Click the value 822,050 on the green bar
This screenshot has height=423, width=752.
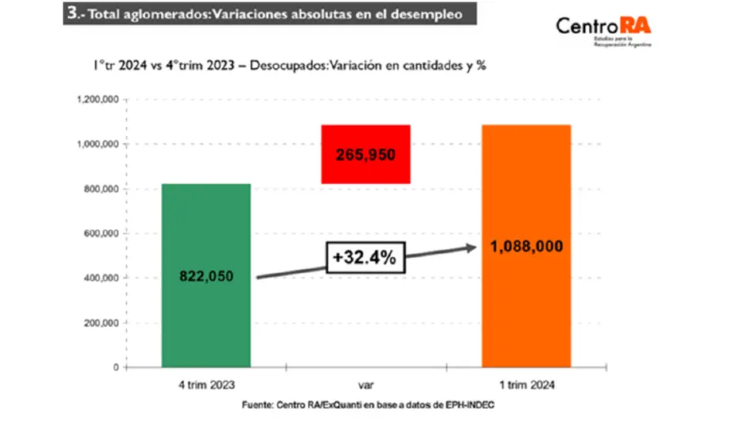coord(207,276)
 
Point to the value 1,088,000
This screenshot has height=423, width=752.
coord(526,247)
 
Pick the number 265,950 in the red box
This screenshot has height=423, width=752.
coord(365,155)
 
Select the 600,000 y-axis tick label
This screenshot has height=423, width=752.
coord(98,234)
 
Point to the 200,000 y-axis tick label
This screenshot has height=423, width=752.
coord(98,323)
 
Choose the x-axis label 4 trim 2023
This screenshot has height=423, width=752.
coord(207,384)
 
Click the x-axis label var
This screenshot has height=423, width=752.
coord(365,384)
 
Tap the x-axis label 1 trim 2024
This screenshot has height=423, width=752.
coord(526,384)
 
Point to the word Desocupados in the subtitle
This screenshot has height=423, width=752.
coord(287,67)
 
